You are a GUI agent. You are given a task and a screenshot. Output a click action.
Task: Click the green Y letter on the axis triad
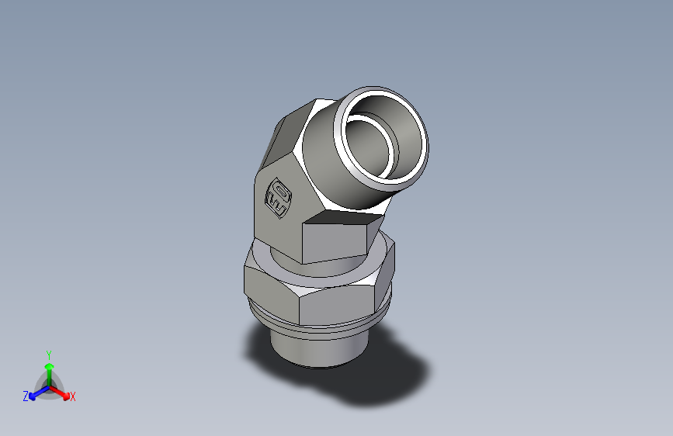point(48,353)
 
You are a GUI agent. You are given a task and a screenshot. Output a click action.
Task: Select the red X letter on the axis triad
point(73,397)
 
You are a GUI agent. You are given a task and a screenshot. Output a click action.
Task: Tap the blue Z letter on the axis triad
point(26,396)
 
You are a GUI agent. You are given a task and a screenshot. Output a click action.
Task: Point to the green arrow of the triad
point(49,368)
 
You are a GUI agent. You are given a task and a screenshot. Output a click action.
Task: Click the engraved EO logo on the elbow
point(279,198)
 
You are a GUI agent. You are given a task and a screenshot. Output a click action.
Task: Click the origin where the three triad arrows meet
point(49,386)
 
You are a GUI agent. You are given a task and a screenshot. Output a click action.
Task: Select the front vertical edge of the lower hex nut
point(300,307)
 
